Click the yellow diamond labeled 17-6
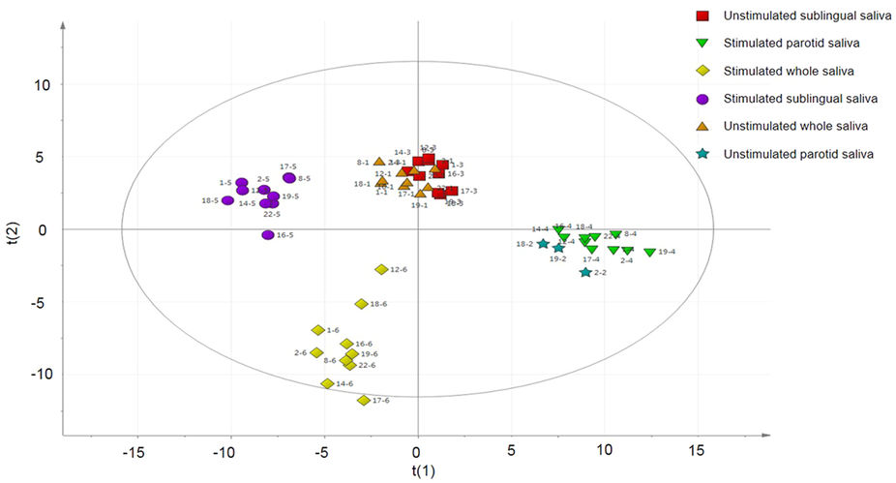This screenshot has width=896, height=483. pos(364,400)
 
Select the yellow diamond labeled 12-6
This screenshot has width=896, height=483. pos(381,269)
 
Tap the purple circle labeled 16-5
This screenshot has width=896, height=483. pos(268,235)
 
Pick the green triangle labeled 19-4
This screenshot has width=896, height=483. pos(649,253)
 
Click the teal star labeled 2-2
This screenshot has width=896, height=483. pos(585,273)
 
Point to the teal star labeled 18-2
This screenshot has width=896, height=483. pos(543,244)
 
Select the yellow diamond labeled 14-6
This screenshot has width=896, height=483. pos(328,383)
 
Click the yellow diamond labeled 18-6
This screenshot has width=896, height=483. pos(361,304)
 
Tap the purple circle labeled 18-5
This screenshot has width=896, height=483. pos(227,200)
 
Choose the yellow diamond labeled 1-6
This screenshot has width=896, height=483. pos(318,330)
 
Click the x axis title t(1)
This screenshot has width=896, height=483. pos(417,472)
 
